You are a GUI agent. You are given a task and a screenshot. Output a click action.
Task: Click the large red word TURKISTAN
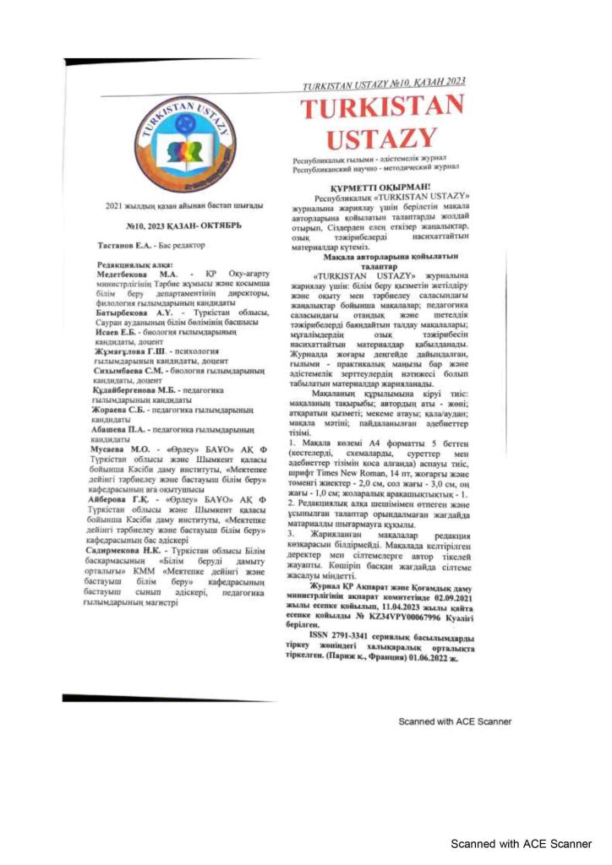tap(383, 108)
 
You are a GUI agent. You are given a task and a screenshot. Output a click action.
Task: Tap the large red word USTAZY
tap(383, 137)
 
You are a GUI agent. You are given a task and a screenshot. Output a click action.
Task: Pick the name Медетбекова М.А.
tap(134, 275)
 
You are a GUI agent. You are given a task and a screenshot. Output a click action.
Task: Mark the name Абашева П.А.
tap(126, 429)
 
